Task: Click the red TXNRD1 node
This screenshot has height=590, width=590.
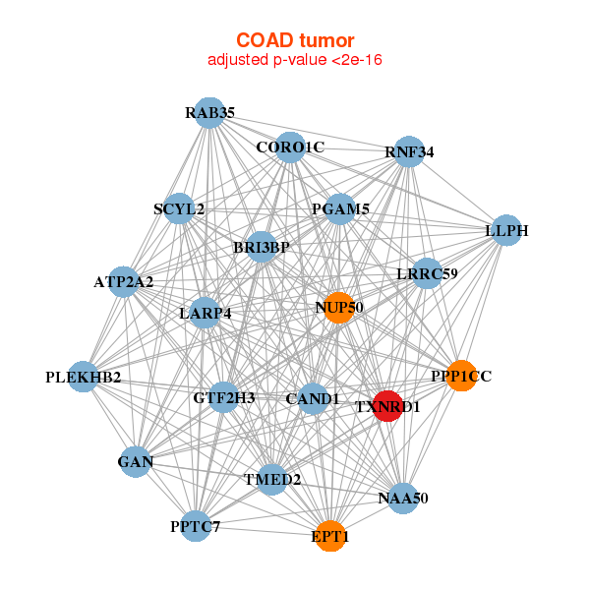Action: [387, 406]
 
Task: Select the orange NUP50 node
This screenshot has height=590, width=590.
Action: [339, 308]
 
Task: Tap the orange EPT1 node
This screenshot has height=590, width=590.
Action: [330, 536]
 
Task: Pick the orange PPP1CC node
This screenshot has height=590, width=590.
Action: [461, 376]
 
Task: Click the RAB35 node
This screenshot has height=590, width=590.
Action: [209, 113]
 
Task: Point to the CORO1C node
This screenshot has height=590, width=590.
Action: [290, 147]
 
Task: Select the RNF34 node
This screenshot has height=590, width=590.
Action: [409, 152]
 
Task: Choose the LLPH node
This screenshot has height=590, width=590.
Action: [506, 230]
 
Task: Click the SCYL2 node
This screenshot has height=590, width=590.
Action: [179, 208]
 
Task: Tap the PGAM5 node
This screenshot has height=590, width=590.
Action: [340, 209]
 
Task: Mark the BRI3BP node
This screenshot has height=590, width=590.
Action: [262, 247]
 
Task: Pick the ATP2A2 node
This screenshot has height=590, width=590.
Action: [124, 282]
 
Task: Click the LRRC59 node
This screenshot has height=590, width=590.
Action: [427, 273]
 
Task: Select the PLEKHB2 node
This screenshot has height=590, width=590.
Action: [84, 377]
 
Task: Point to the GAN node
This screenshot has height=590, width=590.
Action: [136, 462]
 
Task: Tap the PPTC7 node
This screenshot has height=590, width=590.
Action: [196, 526]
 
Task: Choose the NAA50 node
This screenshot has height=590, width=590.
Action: [403, 499]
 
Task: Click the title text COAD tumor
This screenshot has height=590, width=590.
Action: [295, 40]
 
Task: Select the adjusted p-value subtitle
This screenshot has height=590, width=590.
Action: [295, 60]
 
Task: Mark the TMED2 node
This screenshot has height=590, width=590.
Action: [272, 480]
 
